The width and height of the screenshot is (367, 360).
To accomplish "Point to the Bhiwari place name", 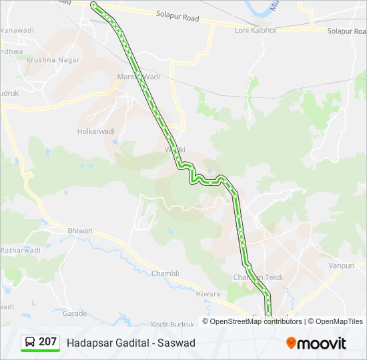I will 80,231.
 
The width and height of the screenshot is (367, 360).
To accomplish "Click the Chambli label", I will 165,273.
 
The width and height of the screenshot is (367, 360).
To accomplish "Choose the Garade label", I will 75,313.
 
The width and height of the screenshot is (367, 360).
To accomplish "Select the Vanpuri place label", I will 342,265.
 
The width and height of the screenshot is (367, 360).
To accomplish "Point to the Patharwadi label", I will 20,250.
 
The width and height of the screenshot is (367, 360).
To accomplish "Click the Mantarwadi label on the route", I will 139,77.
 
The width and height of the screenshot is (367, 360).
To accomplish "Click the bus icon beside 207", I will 31,342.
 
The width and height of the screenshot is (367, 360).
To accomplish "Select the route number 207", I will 47,342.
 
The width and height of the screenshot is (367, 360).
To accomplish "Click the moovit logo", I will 316,343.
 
